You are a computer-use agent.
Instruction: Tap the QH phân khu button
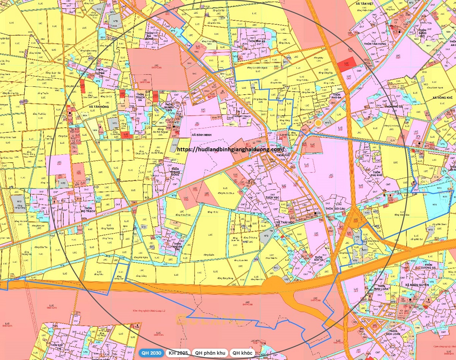coord(210,353)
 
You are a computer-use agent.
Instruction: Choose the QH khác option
coord(242,353)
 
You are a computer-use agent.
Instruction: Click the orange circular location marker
coord(318,123)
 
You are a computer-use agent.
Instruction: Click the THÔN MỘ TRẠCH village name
coord(87,209)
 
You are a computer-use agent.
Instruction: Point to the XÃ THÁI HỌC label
coord(285,222)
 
